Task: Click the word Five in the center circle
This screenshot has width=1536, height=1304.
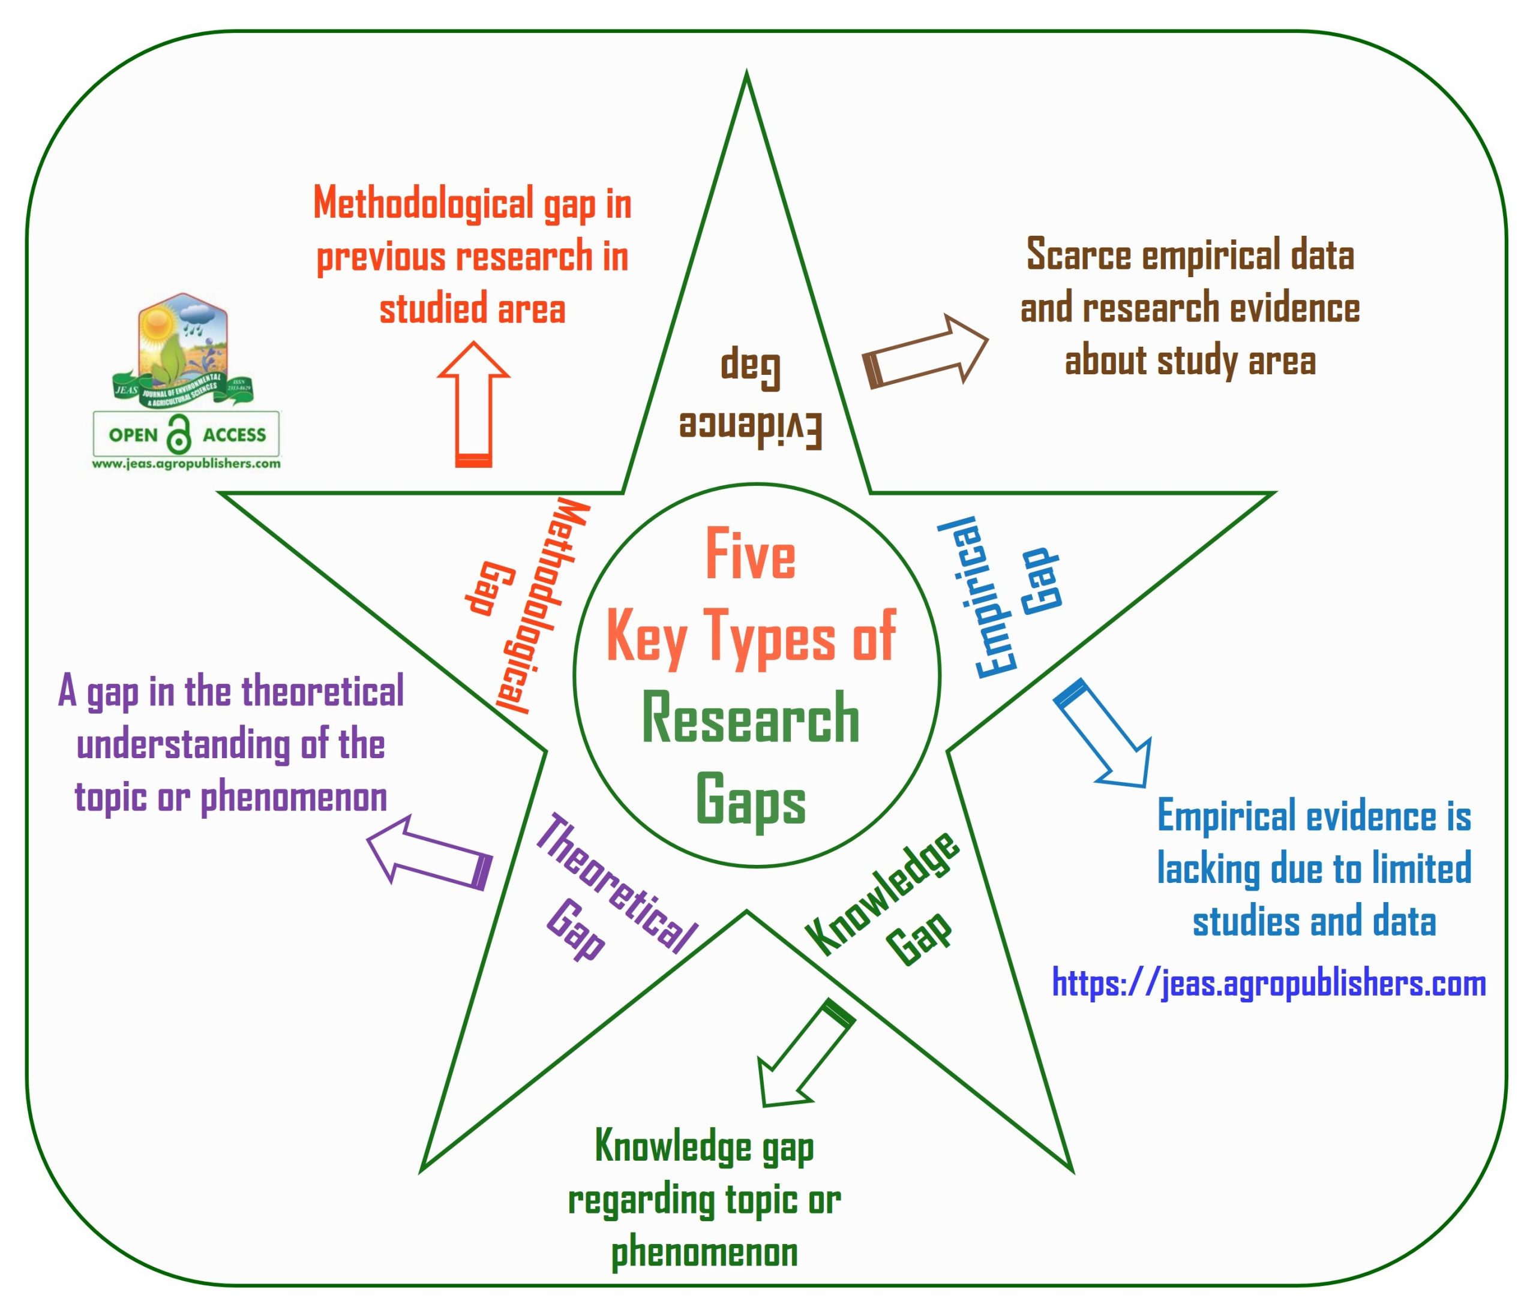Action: tap(750, 554)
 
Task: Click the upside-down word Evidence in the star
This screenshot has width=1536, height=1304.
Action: tap(751, 429)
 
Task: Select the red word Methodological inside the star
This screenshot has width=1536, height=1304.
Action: tap(544, 606)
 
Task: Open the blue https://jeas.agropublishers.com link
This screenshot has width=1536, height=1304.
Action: tap(1268, 984)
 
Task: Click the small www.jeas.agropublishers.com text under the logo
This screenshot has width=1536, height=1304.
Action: tap(187, 464)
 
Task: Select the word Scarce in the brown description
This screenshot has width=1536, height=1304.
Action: tap(1079, 256)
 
